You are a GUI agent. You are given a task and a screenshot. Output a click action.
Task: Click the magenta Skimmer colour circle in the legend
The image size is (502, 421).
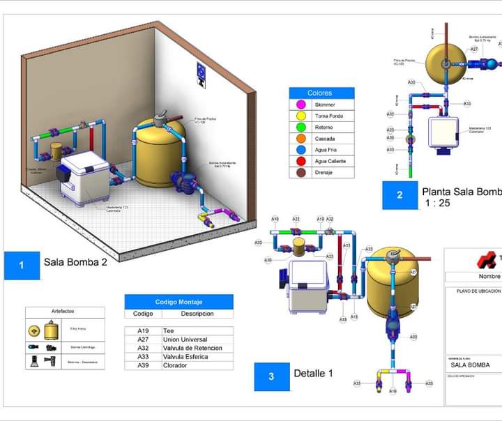pyautogui.click(x=301, y=105)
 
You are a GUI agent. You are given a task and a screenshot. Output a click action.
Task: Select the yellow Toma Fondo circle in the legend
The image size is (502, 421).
pyautogui.click(x=301, y=116)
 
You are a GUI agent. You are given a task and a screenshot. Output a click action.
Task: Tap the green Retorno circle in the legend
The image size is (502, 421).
pyautogui.click(x=301, y=127)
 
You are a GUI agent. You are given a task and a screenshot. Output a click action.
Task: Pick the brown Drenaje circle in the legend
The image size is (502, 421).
pyautogui.click(x=301, y=172)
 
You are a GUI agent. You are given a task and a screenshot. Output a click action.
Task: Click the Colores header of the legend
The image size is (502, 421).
pyautogui.click(x=320, y=93)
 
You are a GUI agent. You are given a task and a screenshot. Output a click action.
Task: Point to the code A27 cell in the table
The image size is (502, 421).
pyautogui.click(x=143, y=339)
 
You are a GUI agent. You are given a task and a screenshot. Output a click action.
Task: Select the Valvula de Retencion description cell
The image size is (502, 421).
pyautogui.click(x=192, y=348)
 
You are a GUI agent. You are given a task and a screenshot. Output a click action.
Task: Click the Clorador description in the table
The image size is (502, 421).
pyautogui.click(x=175, y=365)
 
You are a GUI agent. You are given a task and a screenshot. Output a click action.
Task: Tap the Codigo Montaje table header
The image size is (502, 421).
pyautogui.click(x=178, y=302)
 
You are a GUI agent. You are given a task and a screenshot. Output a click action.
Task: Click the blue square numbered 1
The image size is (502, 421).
pyautogui.click(x=21, y=265)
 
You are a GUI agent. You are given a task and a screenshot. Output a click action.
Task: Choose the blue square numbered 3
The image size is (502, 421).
pyautogui.click(x=271, y=376)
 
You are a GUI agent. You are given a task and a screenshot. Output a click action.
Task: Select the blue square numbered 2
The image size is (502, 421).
pyautogui.click(x=400, y=194)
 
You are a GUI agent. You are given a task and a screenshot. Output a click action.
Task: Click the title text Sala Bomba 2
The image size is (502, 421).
pyautogui.click(x=75, y=263)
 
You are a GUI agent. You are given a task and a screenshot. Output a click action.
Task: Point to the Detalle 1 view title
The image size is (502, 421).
pyautogui.click(x=313, y=374)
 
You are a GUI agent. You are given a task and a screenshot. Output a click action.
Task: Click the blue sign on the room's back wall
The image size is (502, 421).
pyautogui.click(x=201, y=73)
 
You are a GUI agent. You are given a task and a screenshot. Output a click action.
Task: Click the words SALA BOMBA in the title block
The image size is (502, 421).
pyautogui.click(x=470, y=365)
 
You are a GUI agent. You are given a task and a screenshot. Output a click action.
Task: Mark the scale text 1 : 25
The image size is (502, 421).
pyautogui.click(x=438, y=204)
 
